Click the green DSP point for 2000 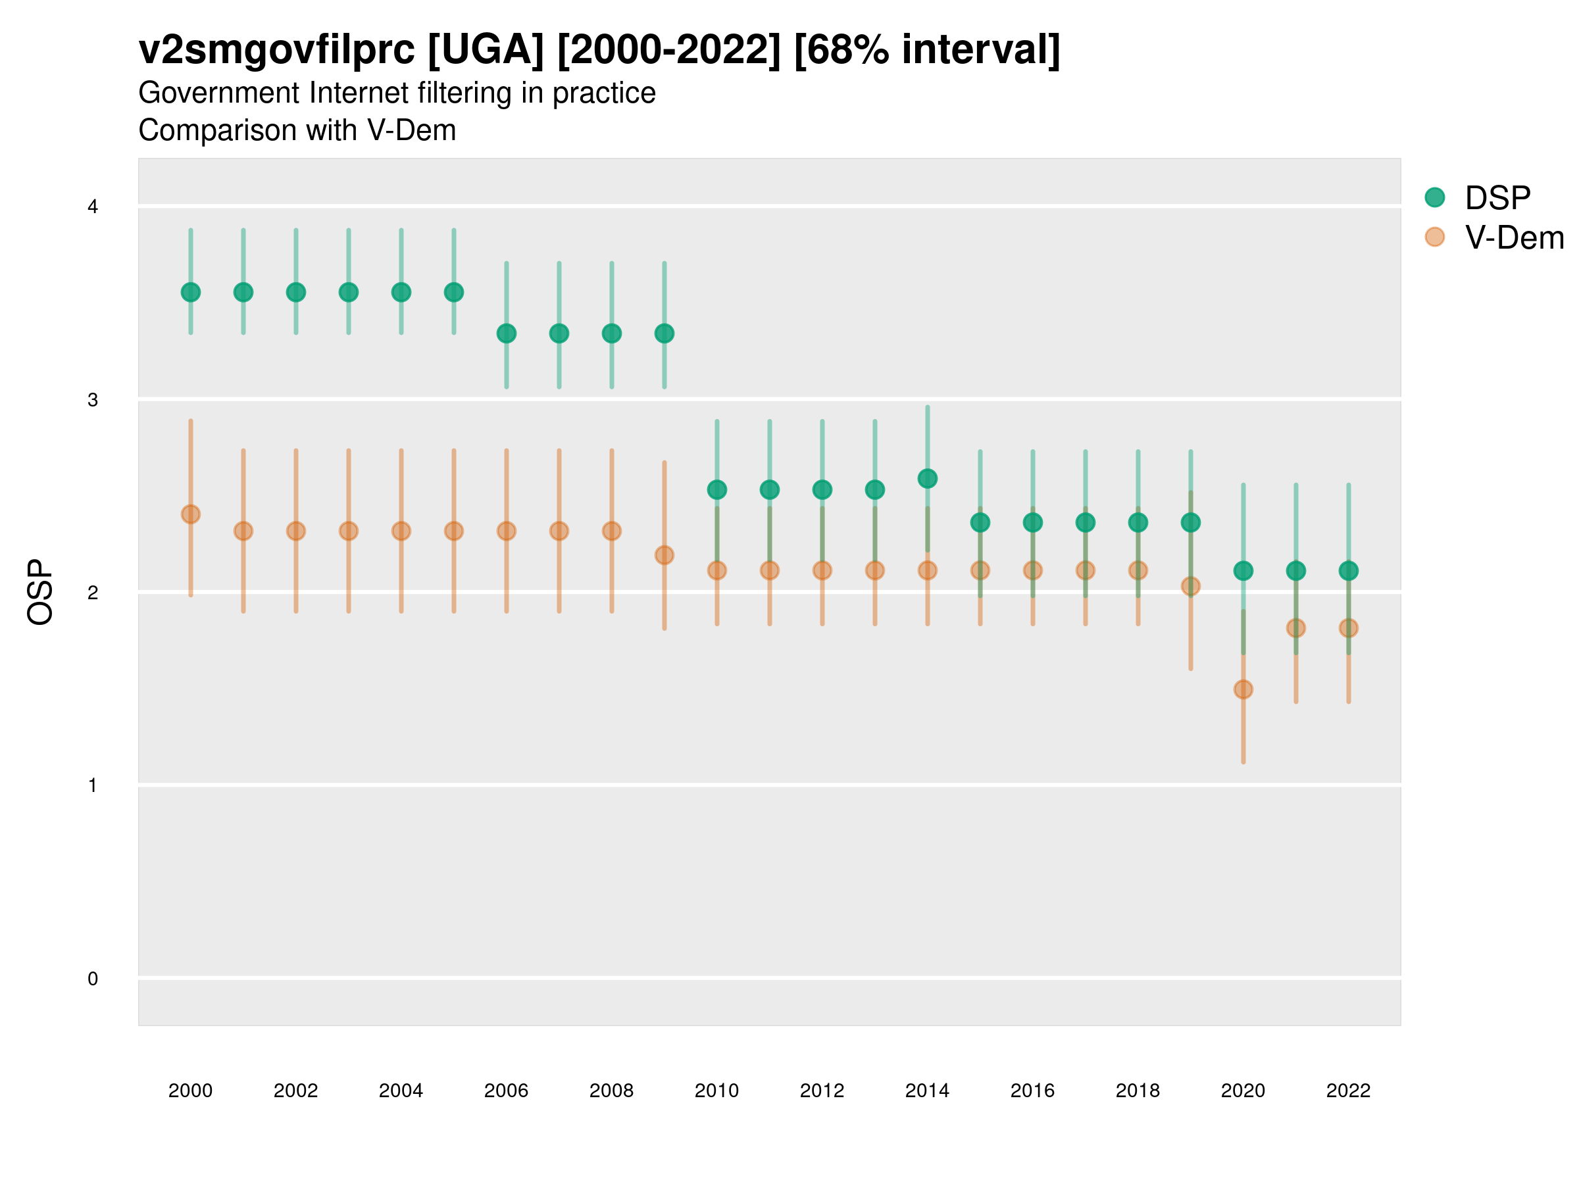(191, 292)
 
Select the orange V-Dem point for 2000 (191, 514)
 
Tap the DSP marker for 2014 (927, 478)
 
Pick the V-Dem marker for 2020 (1243, 689)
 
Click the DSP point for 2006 (507, 333)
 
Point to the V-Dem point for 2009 (664, 555)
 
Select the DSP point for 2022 (1349, 570)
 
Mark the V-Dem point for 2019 (1191, 586)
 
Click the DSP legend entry (1497, 198)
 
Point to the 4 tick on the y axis (93, 207)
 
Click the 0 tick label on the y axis (93, 979)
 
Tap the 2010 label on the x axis (716, 1091)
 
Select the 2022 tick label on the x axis (1349, 1091)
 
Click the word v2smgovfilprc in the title (276, 50)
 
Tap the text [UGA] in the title (486, 50)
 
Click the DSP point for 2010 (716, 489)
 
